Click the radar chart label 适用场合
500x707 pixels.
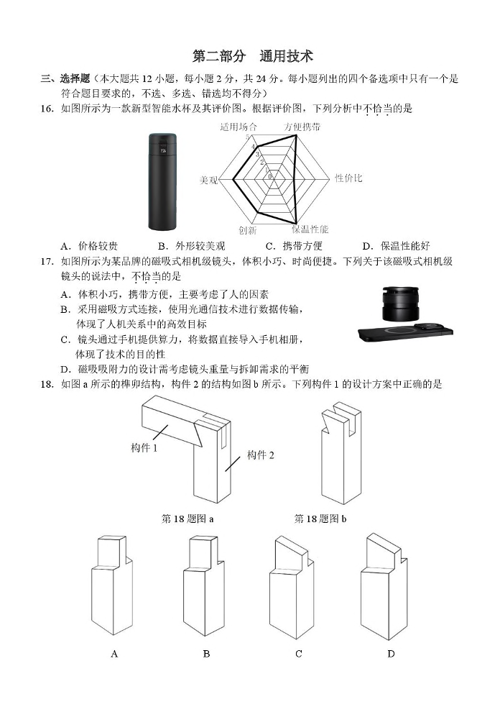[x=239, y=127]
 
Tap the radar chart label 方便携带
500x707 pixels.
[x=302, y=127]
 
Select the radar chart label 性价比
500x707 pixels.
[x=348, y=178]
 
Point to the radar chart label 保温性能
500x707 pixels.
[x=310, y=229]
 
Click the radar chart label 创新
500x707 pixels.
[x=248, y=230]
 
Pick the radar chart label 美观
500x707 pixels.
[x=208, y=181]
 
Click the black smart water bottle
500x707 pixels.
[x=162, y=182]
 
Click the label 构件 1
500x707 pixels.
[x=144, y=448]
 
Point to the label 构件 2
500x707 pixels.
[x=260, y=455]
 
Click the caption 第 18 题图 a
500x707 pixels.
[x=187, y=519]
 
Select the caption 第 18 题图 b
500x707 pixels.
[x=320, y=519]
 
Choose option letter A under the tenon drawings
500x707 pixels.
[x=114, y=654]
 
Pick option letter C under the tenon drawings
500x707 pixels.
[x=299, y=654]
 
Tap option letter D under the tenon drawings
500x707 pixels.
[x=391, y=654]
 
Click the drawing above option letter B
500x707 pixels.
[x=203, y=585]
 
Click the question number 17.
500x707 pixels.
[x=47, y=262]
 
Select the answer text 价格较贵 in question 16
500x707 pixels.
[x=98, y=246]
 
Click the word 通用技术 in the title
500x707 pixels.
[x=287, y=56]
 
